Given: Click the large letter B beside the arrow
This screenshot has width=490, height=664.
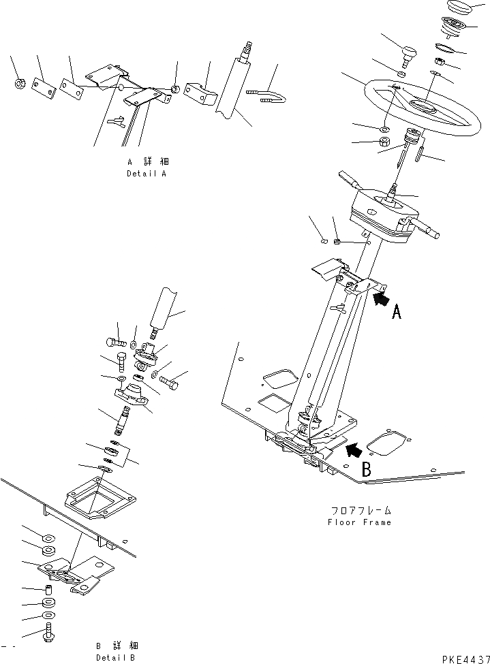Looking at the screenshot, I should tap(366, 469).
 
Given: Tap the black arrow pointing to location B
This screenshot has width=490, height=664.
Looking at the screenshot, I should tap(354, 449).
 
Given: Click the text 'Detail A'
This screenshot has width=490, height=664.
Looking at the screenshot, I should tap(147, 174).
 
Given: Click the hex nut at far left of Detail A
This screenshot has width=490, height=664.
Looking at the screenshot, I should tap(20, 84).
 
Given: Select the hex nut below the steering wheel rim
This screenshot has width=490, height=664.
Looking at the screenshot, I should tap(384, 142).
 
